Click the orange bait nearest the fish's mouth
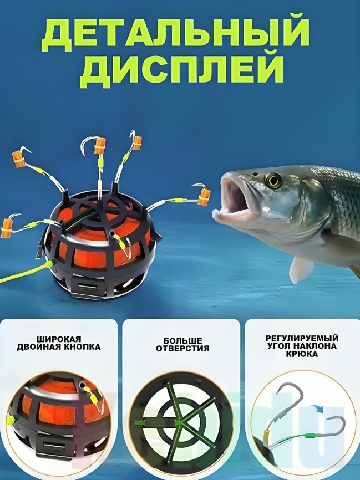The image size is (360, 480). [x=204, y=197]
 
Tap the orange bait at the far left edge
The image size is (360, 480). [x=6, y=228]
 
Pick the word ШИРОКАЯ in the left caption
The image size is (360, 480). [x=59, y=339]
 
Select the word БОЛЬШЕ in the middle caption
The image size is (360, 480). [x=182, y=341]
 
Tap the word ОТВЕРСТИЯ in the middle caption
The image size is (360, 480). [x=182, y=349]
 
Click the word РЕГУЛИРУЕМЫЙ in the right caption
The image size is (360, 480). [x=302, y=339]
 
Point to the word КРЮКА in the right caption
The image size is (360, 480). [x=302, y=354]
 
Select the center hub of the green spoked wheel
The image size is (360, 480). [x=181, y=422]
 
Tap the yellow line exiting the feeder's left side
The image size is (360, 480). [x=24, y=273]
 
